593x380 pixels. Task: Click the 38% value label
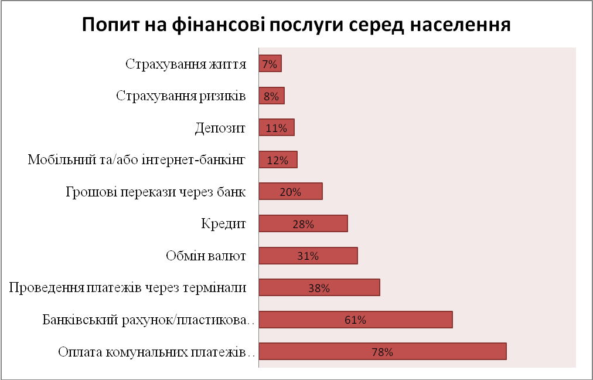(319, 288)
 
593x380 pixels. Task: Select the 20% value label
(290, 192)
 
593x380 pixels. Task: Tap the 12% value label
(278, 160)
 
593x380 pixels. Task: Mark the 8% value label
(271, 96)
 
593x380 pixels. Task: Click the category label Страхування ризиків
(180, 96)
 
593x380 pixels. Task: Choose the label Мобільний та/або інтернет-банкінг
(136, 160)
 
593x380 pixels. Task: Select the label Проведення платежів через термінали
(127, 288)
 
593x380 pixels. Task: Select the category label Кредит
(222, 223)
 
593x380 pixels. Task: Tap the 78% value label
(382, 352)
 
